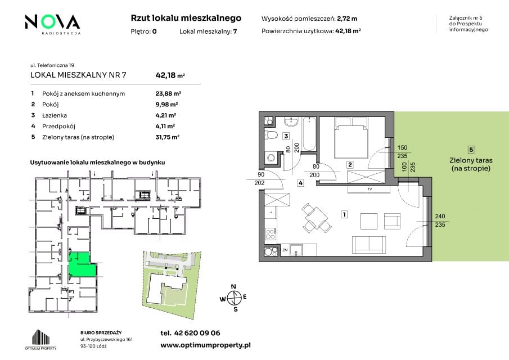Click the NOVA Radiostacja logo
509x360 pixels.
click(53, 24)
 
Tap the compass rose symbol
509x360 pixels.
click(234, 298)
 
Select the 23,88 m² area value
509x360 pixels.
click(168, 93)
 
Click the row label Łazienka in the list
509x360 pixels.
click(55, 115)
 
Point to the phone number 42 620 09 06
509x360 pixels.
click(197, 333)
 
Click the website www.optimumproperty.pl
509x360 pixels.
click(205, 345)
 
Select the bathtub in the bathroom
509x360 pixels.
click(309, 134)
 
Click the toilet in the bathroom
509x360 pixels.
click(270, 134)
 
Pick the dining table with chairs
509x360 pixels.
click(315, 218)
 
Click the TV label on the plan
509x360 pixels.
click(370, 189)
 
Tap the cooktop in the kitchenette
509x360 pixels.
click(271, 234)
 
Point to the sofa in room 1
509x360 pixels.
click(369, 245)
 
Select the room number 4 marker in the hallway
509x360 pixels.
click(300, 183)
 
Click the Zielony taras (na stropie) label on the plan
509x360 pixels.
click(471, 164)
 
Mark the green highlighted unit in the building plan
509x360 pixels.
click(82, 265)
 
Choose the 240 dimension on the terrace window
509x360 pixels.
click(440, 216)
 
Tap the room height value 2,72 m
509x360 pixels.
click(347, 19)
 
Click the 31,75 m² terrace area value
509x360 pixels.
click(168, 137)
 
